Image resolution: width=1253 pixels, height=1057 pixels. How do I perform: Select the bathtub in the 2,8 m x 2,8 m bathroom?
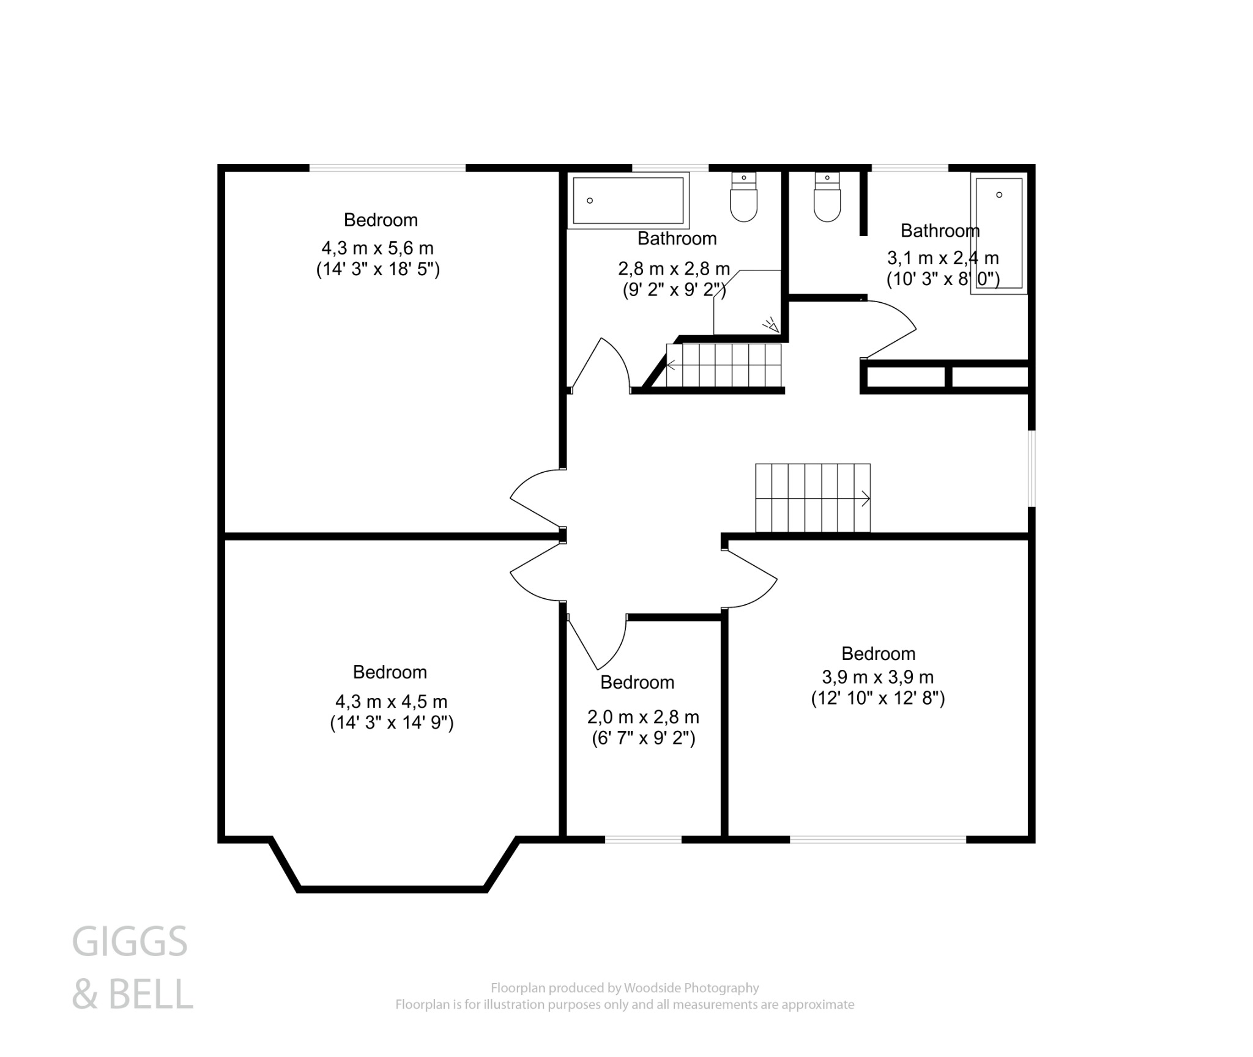[x=628, y=201]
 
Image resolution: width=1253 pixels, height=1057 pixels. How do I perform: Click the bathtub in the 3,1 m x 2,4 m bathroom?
[x=998, y=234]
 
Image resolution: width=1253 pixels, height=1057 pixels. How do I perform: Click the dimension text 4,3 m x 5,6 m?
[x=377, y=248]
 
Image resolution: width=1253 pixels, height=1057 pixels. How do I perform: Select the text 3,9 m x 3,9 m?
[x=877, y=677]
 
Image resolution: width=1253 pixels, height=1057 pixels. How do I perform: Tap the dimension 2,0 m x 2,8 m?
[x=643, y=717]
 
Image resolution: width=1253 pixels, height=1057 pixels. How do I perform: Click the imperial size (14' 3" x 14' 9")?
[x=392, y=723]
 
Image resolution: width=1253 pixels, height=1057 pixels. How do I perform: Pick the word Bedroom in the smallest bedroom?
[x=637, y=683]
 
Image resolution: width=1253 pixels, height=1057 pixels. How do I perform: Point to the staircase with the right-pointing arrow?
[x=812, y=498]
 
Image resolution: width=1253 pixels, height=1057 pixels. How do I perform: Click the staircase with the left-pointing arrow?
[x=723, y=366]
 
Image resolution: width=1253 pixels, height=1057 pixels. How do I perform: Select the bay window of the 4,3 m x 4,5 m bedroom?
[x=392, y=888]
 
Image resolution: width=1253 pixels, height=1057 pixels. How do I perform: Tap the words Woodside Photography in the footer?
[x=691, y=988]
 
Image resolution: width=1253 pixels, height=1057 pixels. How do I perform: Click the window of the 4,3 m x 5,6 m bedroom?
[x=387, y=167]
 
